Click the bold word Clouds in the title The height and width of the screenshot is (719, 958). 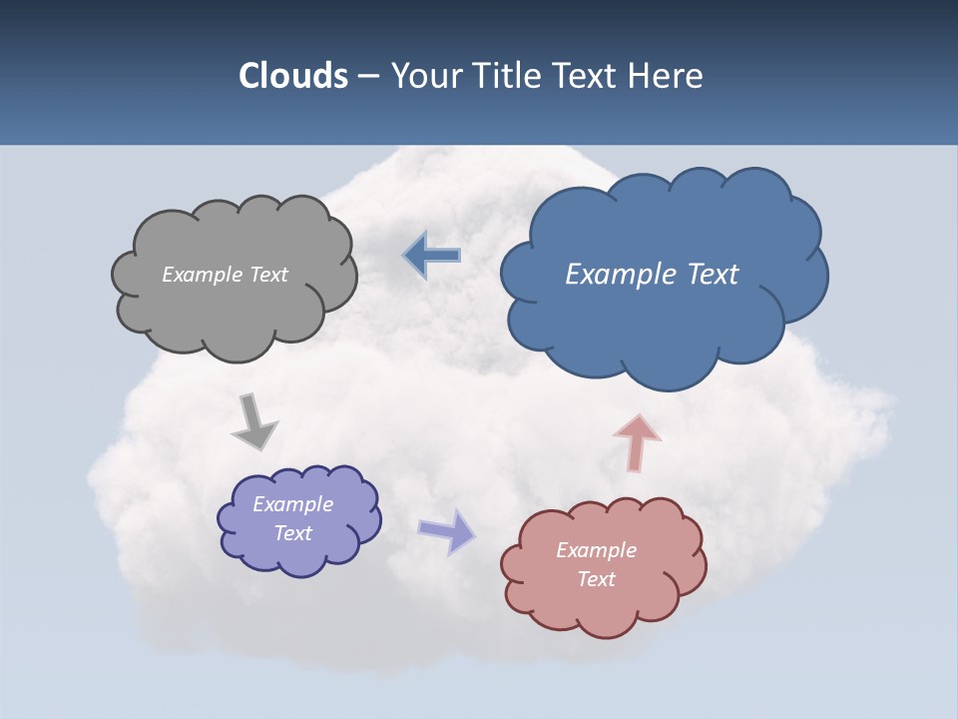pos(292,76)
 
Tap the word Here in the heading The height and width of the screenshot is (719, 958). pos(666,76)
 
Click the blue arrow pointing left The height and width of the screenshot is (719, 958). pos(432,256)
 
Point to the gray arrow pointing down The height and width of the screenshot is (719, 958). pos(253,422)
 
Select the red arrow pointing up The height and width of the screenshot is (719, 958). pos(637,440)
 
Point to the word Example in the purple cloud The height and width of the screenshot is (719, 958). pos(292,504)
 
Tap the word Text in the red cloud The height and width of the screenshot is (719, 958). pos(596,579)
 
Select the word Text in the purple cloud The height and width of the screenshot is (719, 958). pos(293,533)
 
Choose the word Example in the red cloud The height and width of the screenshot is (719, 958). pos(596,550)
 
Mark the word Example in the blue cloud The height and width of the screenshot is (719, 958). pos(620,275)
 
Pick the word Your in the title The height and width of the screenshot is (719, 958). pos(421,76)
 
